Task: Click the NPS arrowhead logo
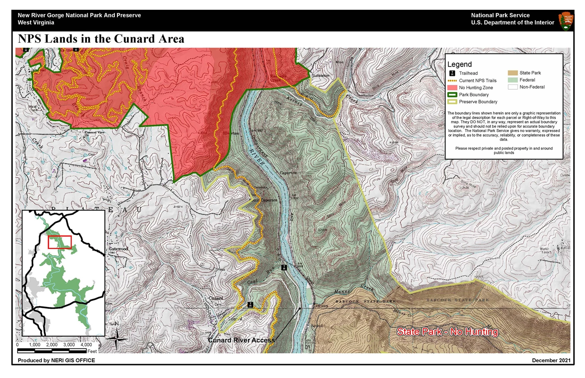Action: [566, 21]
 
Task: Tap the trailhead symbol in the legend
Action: [452, 73]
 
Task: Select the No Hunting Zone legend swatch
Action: [453, 87]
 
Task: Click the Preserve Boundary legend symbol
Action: [453, 102]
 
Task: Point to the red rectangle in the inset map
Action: [60, 241]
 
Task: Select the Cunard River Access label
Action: [241, 340]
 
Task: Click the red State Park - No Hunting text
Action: [447, 332]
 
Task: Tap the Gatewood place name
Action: [118, 249]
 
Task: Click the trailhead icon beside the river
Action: [284, 267]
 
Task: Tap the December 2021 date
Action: [551, 360]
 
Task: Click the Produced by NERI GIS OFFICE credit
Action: [56, 360]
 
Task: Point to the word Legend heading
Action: [459, 64]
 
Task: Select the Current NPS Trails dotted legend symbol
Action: [453, 80]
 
